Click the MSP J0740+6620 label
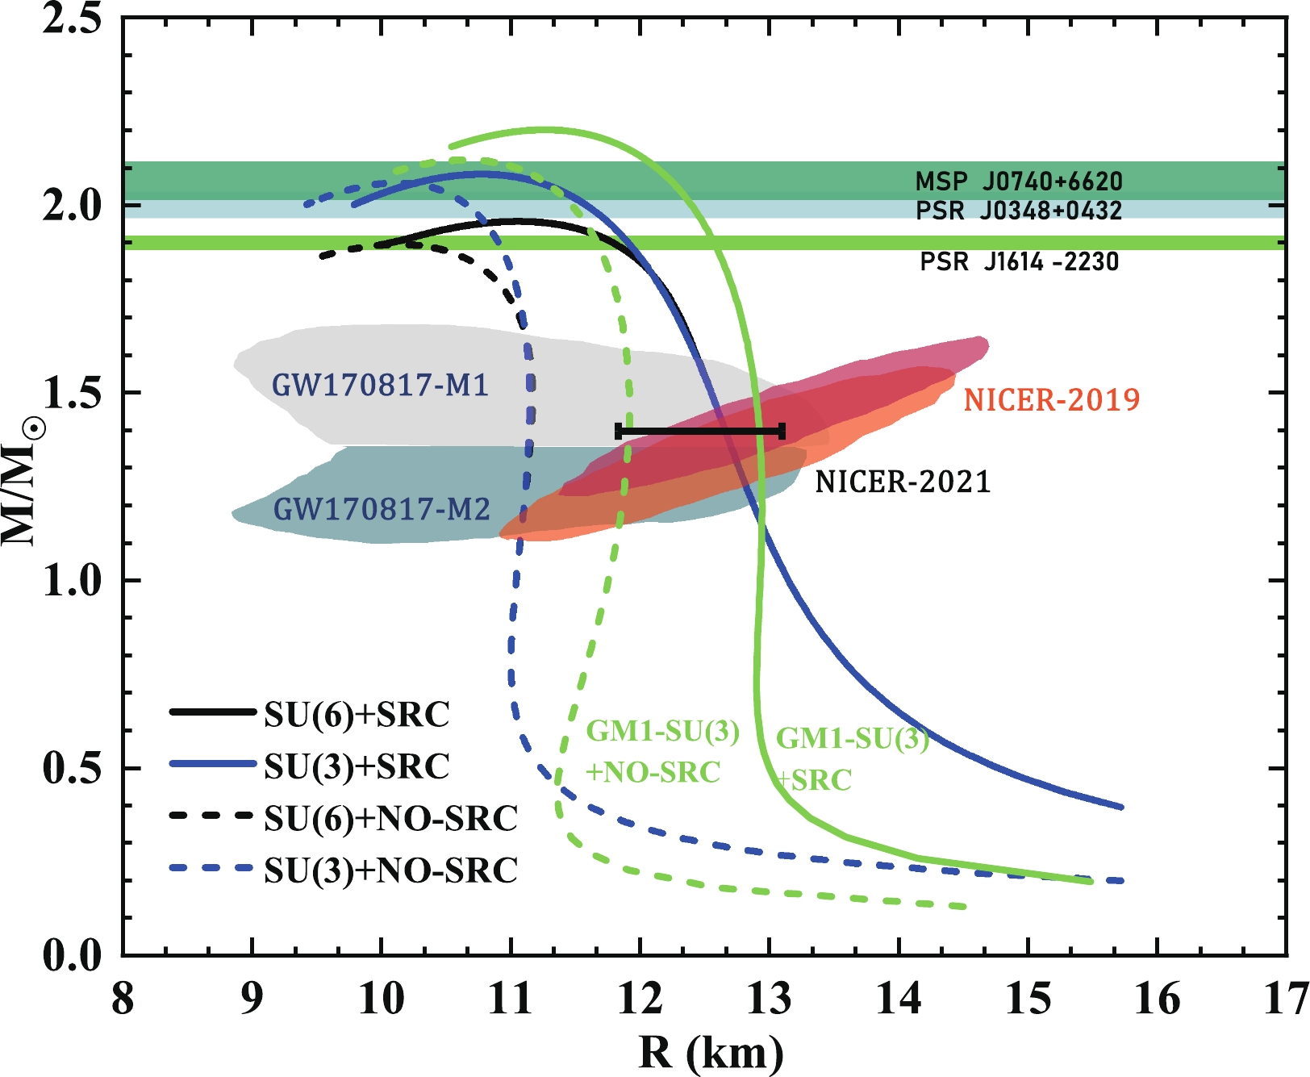[1019, 182]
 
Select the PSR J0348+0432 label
[1019, 211]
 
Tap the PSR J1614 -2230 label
[1020, 261]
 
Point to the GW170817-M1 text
[380, 385]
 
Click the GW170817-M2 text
[382, 509]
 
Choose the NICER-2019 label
[1052, 399]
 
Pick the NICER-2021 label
[903, 482]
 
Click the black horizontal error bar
[700, 432]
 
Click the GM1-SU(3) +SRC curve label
[851, 758]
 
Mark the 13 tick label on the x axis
[769, 999]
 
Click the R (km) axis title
[711, 1052]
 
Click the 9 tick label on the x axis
[252, 999]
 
